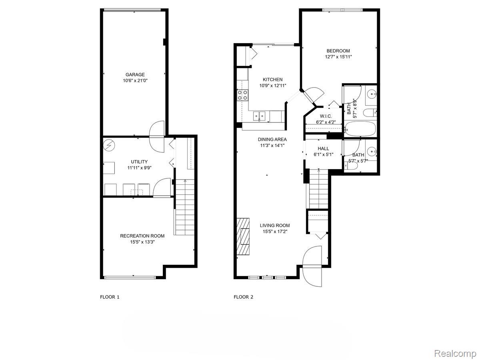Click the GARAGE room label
tap(135, 74)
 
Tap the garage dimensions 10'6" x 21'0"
tap(135, 81)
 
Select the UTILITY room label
tap(139, 162)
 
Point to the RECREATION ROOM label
tap(142, 236)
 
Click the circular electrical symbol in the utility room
tap(109, 145)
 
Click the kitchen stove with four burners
tap(242, 95)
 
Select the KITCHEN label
tap(272, 80)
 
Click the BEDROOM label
tap(338, 51)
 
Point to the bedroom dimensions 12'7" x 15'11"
tap(338, 57)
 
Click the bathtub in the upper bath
tap(360, 128)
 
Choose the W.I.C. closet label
tap(326, 116)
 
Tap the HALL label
tap(323, 148)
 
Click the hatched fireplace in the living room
tap(243, 236)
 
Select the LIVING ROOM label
tap(276, 226)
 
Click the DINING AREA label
tap(272, 140)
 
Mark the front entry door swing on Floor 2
tap(312, 266)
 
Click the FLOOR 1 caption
tap(110, 297)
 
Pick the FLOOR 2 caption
tap(244, 297)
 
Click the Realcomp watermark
tap(455, 354)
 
